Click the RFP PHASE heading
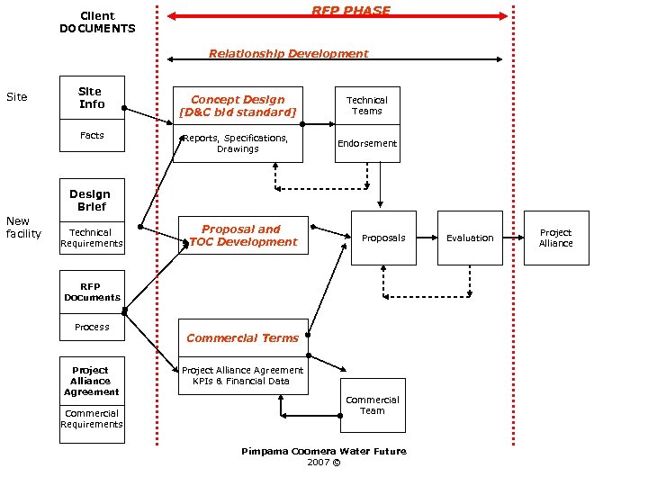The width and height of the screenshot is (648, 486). tap(351, 11)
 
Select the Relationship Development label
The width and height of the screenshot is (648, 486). tap(288, 53)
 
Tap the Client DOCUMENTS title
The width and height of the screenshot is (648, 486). tap(97, 22)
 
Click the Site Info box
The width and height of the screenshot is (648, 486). tap(92, 98)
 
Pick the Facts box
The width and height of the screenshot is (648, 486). tap(92, 136)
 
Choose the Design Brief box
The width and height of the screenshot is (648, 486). tap(90, 200)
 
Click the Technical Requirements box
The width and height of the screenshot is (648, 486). tap(92, 238)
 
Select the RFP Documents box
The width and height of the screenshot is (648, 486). tap(92, 292)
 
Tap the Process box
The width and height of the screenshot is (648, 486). tap(92, 327)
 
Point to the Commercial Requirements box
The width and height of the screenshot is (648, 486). tap(92, 419)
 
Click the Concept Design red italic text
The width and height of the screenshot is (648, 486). tap(238, 105)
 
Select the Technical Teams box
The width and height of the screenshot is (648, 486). tap(367, 106)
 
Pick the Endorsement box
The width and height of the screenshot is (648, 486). tap(367, 144)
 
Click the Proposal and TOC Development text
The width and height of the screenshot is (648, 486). tap(241, 236)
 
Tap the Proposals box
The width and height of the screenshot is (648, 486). tap(383, 238)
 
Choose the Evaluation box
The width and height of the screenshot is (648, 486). tap(470, 238)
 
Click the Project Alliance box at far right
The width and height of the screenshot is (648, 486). tap(555, 238)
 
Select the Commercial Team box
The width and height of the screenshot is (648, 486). tap(373, 405)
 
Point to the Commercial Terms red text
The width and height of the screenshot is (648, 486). tap(242, 338)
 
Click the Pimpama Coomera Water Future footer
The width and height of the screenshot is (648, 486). tap(323, 452)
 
